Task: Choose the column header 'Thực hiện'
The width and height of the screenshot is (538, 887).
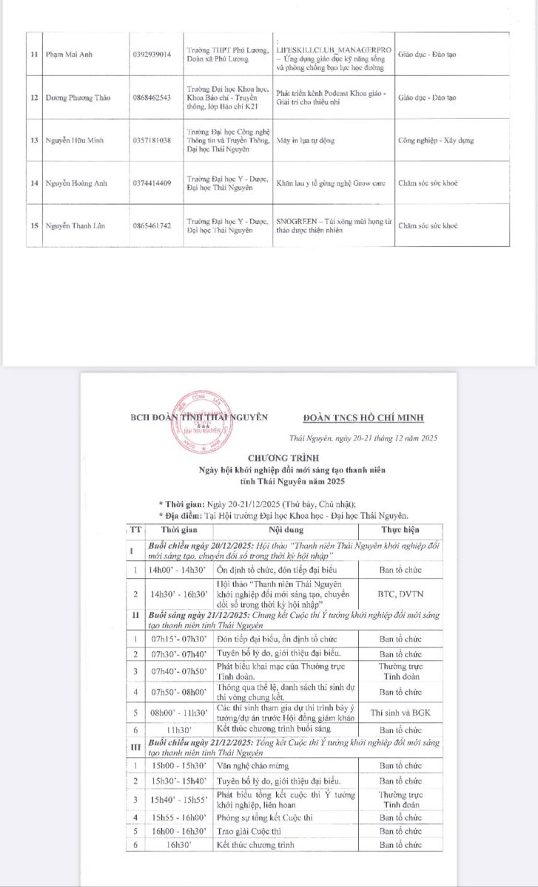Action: click(x=400, y=530)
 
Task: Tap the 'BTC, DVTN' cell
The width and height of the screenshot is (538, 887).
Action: click(x=400, y=594)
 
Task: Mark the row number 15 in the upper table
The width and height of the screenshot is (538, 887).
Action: click(x=34, y=225)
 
